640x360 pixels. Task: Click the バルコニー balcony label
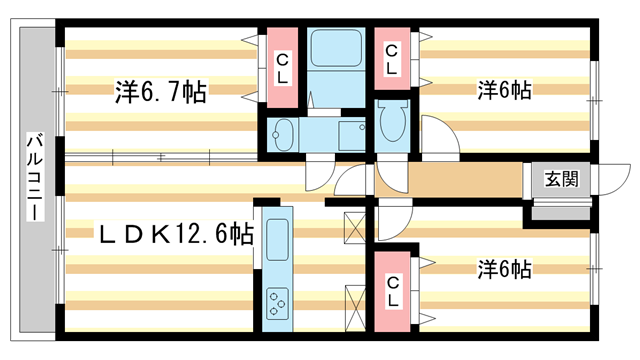[x=33, y=181]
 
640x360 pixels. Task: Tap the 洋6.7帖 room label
[x=160, y=92]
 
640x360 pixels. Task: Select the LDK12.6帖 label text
[x=174, y=236]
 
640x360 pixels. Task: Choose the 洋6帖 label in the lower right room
[x=504, y=269]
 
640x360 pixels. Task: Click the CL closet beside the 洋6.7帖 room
[x=284, y=67]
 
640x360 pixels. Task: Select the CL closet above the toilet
[x=393, y=59]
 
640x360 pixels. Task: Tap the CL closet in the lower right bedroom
[x=393, y=290]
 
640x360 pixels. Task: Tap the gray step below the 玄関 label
[x=559, y=210]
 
